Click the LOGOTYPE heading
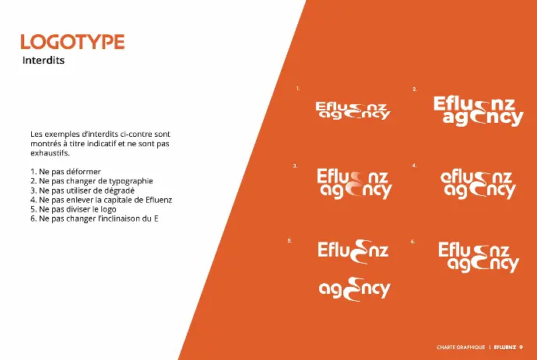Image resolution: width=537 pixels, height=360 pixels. tap(72, 42)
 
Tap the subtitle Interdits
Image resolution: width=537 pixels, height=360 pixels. tap(44, 60)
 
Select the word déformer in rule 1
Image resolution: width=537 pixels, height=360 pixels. tap(84, 171)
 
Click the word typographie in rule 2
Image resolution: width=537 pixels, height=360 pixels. tap(131, 181)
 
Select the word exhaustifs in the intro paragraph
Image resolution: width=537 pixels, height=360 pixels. tap(50, 153)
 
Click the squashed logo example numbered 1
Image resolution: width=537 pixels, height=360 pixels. tap(353, 110)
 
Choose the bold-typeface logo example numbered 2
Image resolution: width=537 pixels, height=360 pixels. tap(479, 111)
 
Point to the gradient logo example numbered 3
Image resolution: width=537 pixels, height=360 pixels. tap(354, 183)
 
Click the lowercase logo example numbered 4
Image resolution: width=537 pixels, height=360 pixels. tap(478, 183)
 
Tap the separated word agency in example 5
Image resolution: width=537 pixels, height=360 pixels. tap(354, 289)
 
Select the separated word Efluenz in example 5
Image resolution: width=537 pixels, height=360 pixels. tap(353, 250)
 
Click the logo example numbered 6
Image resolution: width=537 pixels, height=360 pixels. tap(479, 257)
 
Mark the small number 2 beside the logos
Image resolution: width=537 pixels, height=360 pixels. tap(415, 89)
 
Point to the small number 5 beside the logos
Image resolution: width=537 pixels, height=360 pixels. tap(290, 241)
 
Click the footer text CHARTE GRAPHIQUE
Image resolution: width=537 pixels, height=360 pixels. tap(461, 348)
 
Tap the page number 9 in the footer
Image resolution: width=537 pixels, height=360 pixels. tap(521, 348)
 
